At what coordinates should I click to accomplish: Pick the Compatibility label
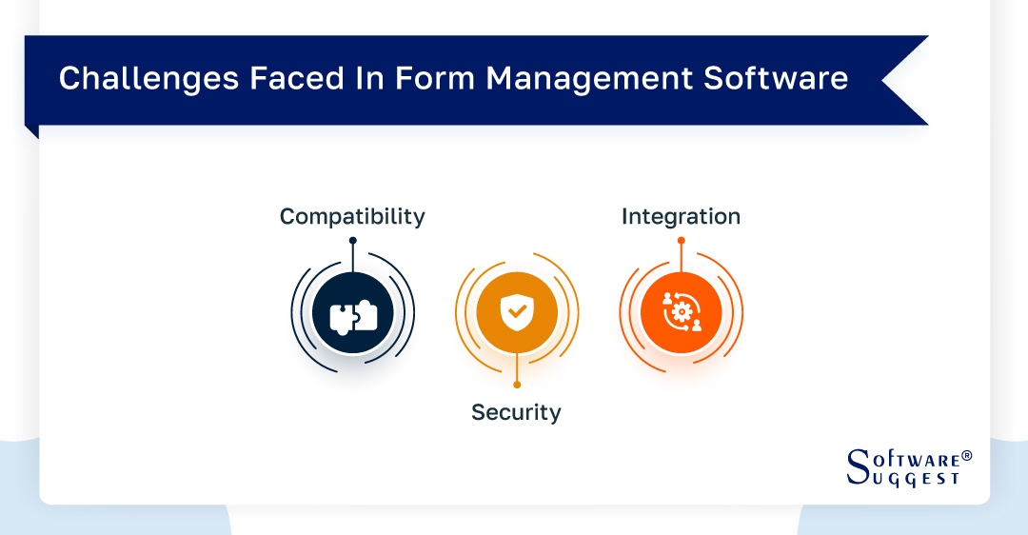click(x=352, y=217)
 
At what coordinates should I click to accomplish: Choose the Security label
click(x=516, y=412)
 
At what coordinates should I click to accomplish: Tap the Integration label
click(x=681, y=217)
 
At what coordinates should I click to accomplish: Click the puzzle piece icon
click(x=353, y=315)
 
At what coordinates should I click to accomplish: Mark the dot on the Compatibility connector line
click(x=352, y=240)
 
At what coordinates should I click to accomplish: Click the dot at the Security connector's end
click(x=517, y=385)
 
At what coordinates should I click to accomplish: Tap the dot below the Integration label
click(x=681, y=240)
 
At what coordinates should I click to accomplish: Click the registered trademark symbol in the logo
click(x=967, y=456)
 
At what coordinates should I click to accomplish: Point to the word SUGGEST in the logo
click(x=913, y=479)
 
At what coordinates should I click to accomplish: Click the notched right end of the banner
click(x=904, y=80)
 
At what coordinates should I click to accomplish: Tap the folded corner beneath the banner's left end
click(x=31, y=131)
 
